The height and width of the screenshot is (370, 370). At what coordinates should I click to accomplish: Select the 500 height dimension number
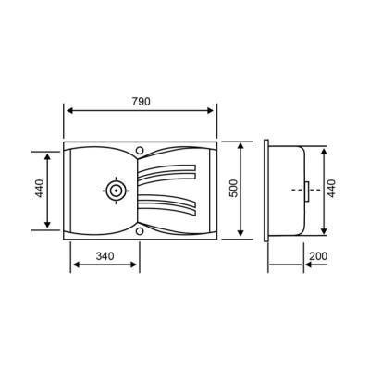click(234, 189)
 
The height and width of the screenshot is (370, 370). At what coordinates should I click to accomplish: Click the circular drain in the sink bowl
click(116, 190)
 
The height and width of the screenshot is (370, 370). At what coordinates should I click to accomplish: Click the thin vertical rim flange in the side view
click(266, 190)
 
